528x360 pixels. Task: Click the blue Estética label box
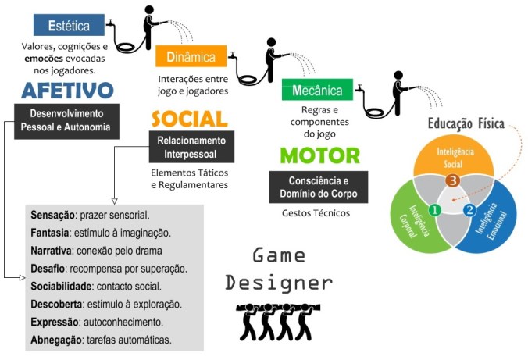pos(69,25)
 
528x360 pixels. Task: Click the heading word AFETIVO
pos(67,91)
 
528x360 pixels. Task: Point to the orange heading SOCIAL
pos(189,119)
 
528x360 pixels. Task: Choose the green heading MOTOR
pos(319,155)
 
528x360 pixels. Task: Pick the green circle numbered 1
pos(436,209)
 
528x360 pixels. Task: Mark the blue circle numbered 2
pos(469,210)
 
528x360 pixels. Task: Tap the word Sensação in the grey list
pos(52,215)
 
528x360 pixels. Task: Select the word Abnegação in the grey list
pos(56,340)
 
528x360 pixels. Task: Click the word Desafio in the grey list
pos(49,268)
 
